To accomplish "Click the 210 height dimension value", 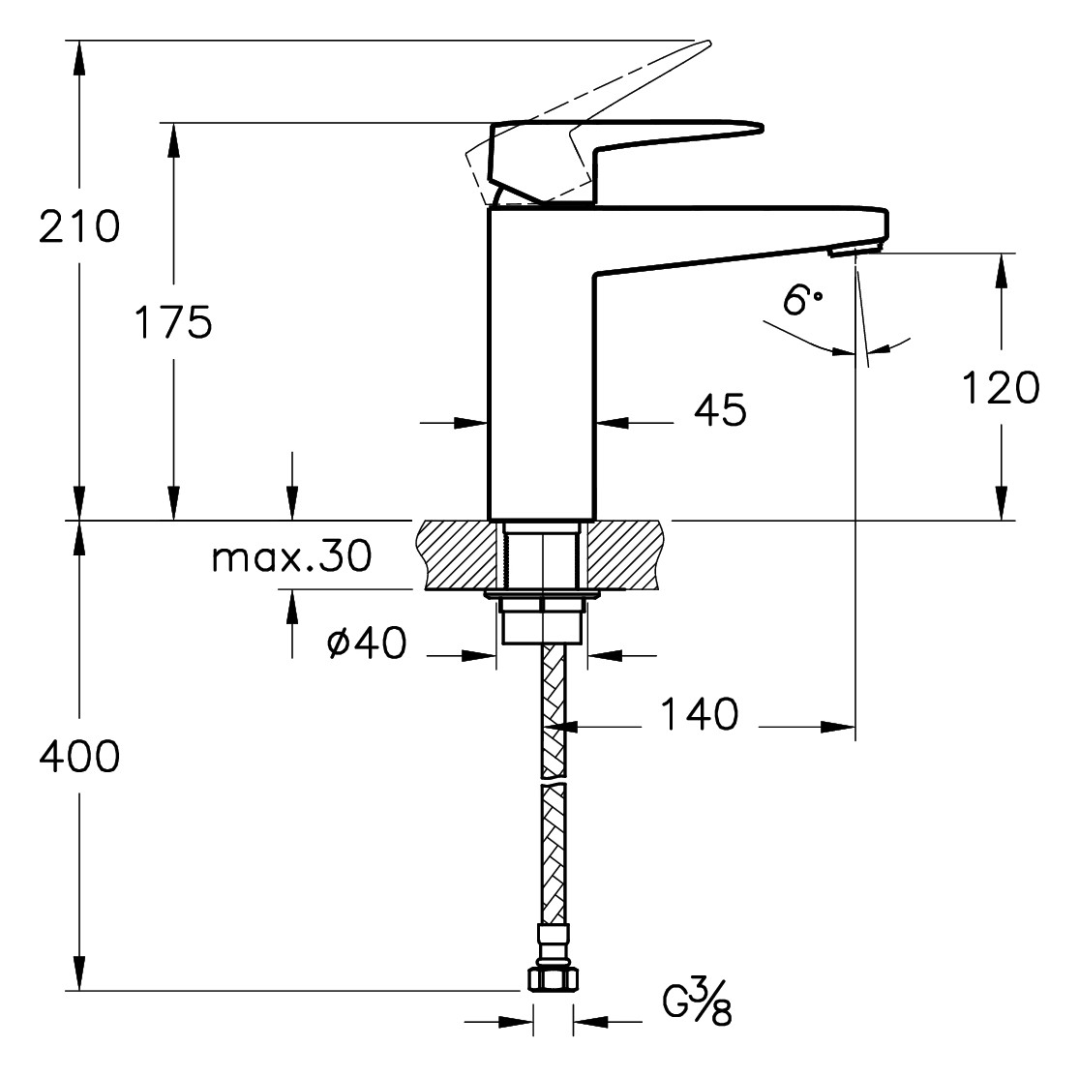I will point(79,227).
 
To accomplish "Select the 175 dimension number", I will point(172,322).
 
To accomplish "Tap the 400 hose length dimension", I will point(79,757).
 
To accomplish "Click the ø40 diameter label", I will point(367,643).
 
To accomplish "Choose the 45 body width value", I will point(721,411).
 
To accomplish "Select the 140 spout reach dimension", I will point(699,715).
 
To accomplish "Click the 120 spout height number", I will point(1000,388).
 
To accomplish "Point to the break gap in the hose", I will point(553,780).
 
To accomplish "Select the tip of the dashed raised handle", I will point(706,43).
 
